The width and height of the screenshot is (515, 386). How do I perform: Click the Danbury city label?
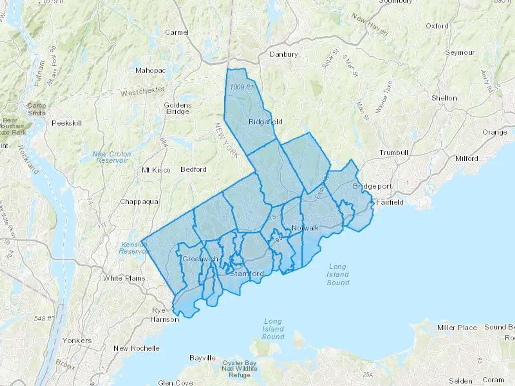tap(284, 54)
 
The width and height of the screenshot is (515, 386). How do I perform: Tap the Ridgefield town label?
tap(265, 122)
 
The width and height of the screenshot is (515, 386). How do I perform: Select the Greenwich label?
tap(200, 259)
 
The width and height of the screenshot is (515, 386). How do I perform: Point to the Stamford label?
tap(247, 274)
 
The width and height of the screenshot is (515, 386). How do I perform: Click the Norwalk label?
tap(305, 228)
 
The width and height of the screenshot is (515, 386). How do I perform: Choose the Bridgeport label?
tap(372, 186)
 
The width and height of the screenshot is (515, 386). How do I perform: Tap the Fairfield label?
tap(389, 202)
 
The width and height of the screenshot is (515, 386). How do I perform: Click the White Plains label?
tap(124, 278)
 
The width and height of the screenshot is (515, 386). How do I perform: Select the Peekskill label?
tap(67, 123)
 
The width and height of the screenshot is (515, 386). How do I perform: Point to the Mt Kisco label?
tap(156, 170)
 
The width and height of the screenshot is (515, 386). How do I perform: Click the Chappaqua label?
tap(139, 202)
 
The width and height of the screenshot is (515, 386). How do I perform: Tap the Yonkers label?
tap(77, 341)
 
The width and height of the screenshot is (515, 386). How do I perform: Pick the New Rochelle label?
tap(136, 348)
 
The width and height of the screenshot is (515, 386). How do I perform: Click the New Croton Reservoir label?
tap(112, 157)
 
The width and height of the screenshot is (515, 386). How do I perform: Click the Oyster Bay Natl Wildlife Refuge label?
tap(239, 369)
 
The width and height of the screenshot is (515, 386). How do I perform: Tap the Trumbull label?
tap(394, 153)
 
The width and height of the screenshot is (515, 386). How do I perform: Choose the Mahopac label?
tap(150, 70)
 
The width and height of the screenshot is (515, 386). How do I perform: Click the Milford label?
tap(467, 158)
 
